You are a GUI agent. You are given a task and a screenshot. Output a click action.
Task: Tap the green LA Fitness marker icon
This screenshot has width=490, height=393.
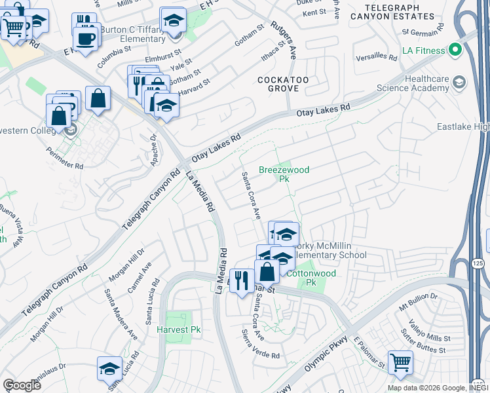pos(452,50)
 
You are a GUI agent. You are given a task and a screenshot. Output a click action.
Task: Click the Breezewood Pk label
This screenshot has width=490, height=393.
pos(284,174)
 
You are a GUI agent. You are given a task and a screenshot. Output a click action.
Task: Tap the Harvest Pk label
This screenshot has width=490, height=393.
pos(178,330)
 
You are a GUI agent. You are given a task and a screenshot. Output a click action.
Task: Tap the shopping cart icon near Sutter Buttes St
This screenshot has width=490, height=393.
pos(400,361)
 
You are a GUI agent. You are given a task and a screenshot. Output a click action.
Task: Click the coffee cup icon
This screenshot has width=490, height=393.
pos(86,37)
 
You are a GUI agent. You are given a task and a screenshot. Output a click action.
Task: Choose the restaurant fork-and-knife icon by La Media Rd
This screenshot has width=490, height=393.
pos(242,280)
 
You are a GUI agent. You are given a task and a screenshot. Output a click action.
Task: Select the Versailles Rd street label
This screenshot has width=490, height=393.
pos(377,57)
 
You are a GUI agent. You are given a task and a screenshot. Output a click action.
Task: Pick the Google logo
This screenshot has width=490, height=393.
pos(22,384)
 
